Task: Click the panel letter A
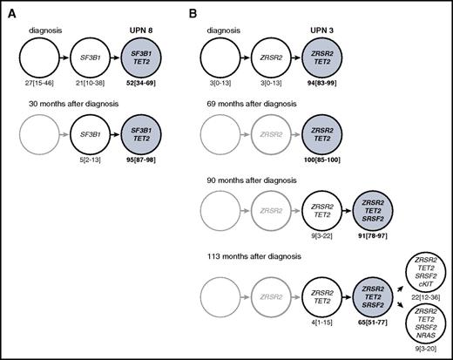pyautogui.click(x=10, y=10)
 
